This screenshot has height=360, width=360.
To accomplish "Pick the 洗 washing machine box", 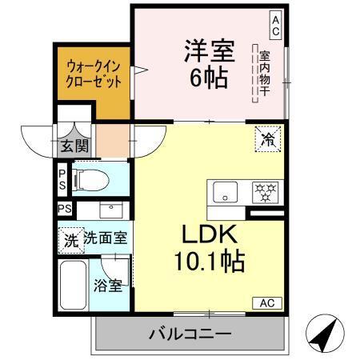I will [x=70, y=238].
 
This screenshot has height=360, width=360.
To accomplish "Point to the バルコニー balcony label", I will [x=190, y=334].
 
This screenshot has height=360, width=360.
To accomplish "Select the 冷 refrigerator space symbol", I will [x=267, y=138].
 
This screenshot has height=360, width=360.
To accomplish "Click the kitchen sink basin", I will [x=226, y=192].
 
